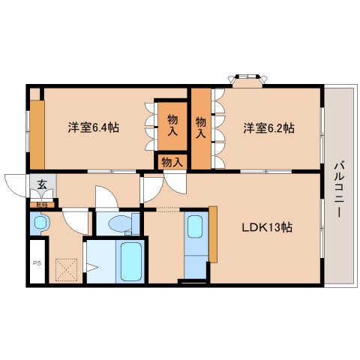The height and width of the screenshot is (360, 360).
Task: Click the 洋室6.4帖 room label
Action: [x=94, y=127]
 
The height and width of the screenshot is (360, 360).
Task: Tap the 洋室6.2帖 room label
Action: [x=268, y=127]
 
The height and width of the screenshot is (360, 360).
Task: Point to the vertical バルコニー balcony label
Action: [x=338, y=188]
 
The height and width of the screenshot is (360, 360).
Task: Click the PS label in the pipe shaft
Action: [x=37, y=264]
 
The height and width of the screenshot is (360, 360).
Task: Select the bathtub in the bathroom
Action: [x=131, y=261]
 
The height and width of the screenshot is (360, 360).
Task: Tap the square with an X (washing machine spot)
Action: [x=67, y=268]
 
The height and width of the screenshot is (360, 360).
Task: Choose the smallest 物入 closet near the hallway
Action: [x=172, y=161]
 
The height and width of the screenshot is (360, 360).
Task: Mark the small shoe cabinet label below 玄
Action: [x=41, y=204]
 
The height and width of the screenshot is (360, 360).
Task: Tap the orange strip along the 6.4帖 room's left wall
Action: [x=36, y=133]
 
